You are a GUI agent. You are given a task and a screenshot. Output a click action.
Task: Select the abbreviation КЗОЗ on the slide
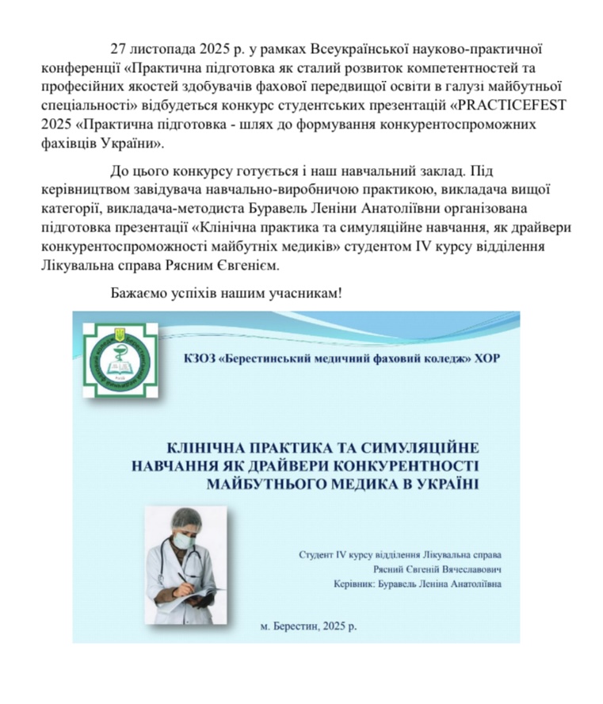(200, 357)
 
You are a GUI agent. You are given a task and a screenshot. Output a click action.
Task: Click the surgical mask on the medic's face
(184, 541)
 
